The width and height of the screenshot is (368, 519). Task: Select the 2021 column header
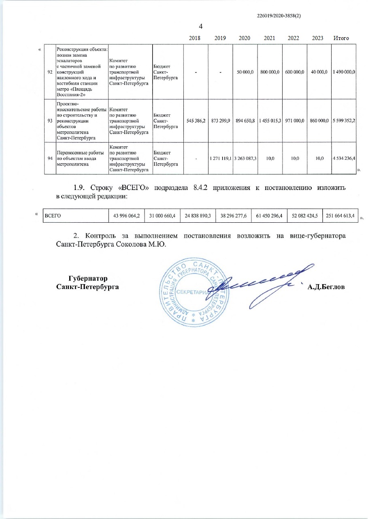(x=269, y=38)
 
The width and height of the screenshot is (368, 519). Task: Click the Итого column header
(x=341, y=38)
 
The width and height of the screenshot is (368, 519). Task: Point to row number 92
(x=50, y=72)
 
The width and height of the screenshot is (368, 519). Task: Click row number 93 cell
(x=50, y=121)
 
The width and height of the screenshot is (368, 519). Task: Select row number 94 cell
(x=50, y=158)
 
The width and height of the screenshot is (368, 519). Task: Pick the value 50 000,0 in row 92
(x=245, y=72)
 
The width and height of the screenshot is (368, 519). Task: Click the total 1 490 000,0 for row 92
(x=344, y=72)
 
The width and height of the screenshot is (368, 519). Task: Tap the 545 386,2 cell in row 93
(x=196, y=121)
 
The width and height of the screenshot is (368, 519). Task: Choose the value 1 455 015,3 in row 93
(x=269, y=121)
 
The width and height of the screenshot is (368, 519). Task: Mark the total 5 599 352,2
(x=344, y=121)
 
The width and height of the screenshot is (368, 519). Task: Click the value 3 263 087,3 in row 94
(x=245, y=158)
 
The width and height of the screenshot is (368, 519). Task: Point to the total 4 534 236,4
(x=344, y=158)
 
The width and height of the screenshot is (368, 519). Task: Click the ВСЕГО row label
(x=52, y=216)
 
